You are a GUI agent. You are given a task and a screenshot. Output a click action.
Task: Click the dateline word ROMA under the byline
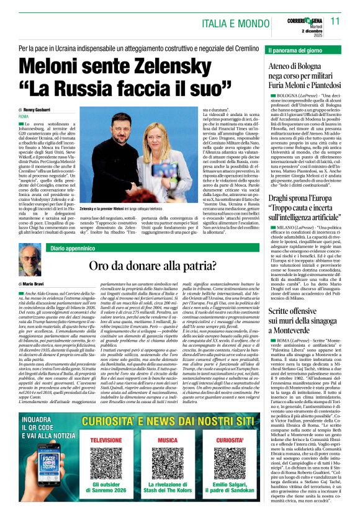click(x=24, y=117)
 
